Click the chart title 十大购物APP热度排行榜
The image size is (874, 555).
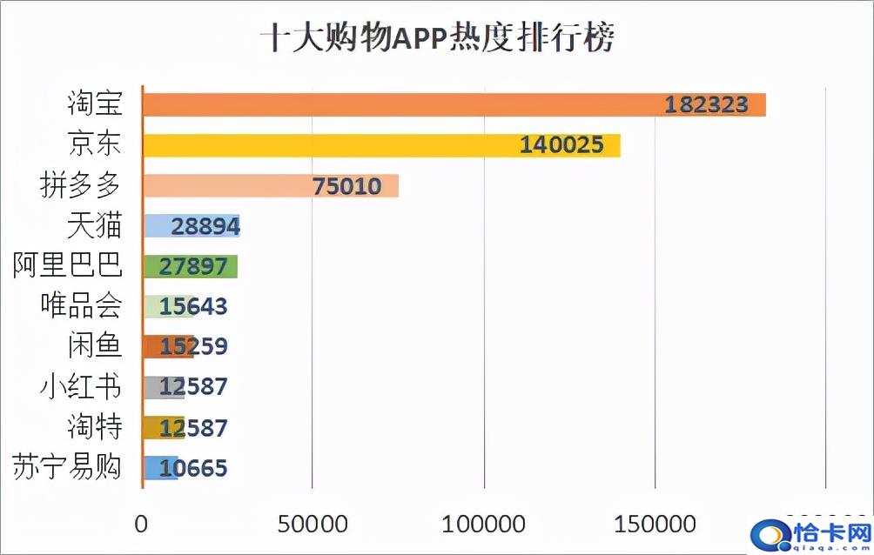[x=438, y=38]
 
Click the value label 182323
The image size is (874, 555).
[x=707, y=104]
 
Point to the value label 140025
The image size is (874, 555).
[x=561, y=145]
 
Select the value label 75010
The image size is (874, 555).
[x=346, y=185]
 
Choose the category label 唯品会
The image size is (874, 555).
[x=81, y=306]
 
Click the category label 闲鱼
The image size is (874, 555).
[x=94, y=346]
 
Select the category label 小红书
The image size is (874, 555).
[x=81, y=387]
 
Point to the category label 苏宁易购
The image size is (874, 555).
[x=68, y=468]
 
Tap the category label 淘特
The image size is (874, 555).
[x=94, y=427]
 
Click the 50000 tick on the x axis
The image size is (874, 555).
[x=313, y=525]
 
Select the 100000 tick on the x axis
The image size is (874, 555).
[x=483, y=525]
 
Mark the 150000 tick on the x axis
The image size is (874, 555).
[x=654, y=525]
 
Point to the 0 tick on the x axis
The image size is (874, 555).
[x=142, y=525]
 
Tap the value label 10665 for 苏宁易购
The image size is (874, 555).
[x=186, y=468]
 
